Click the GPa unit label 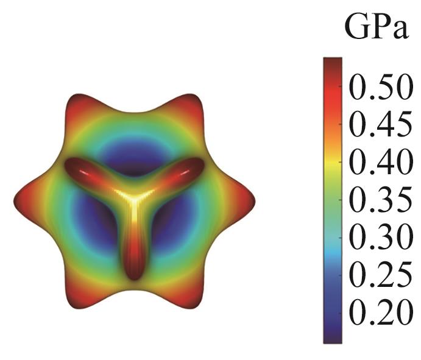(x=376, y=28)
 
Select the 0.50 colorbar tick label (x=378, y=89)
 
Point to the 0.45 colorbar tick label (x=378, y=126)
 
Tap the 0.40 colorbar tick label (x=378, y=163)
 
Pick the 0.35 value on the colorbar (x=378, y=201)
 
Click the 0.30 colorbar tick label (x=378, y=238)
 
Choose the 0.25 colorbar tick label (x=378, y=276)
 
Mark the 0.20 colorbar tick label (x=378, y=313)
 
